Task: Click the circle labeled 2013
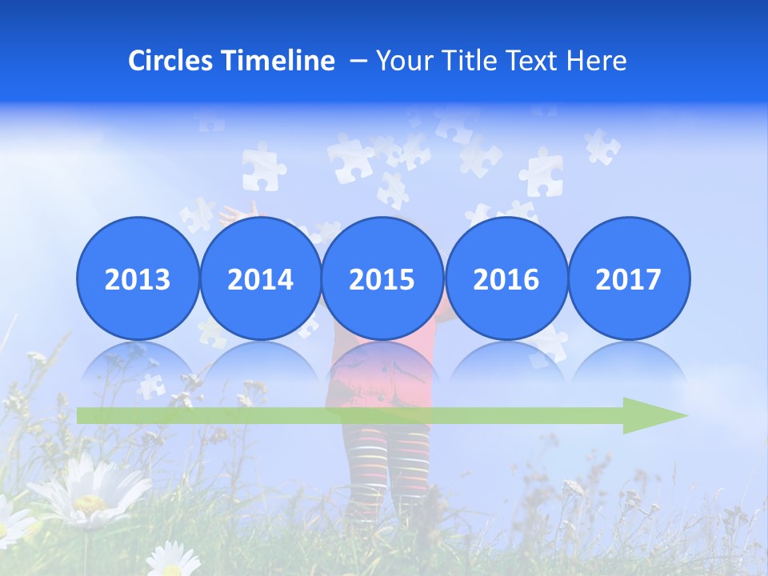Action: point(138,278)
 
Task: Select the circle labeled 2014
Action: point(260,278)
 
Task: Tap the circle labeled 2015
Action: point(382,278)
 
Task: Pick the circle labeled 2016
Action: point(506,278)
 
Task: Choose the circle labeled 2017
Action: point(629,278)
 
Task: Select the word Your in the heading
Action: point(403,61)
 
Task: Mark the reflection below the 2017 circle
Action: point(629,364)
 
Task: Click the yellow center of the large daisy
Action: point(90,503)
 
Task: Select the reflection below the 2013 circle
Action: point(138,364)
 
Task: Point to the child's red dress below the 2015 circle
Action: point(382,376)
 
